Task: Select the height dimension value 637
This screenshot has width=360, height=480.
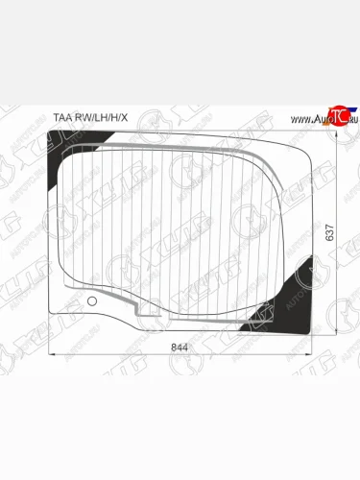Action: tap(329, 233)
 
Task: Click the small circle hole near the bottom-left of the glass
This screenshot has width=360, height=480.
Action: tap(91, 303)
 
